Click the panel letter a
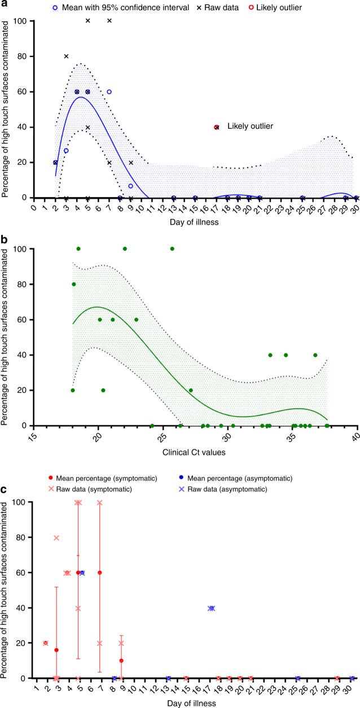tap(5, 5)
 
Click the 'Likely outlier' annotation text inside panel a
tap(250, 126)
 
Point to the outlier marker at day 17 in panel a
tap(217, 127)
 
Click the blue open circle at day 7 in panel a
tap(109, 91)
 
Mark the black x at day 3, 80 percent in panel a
tap(66, 56)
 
